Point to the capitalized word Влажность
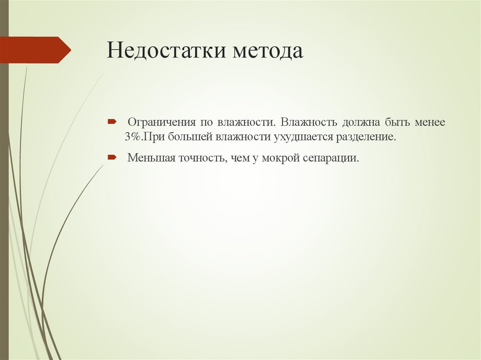309,123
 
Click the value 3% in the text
133,137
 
